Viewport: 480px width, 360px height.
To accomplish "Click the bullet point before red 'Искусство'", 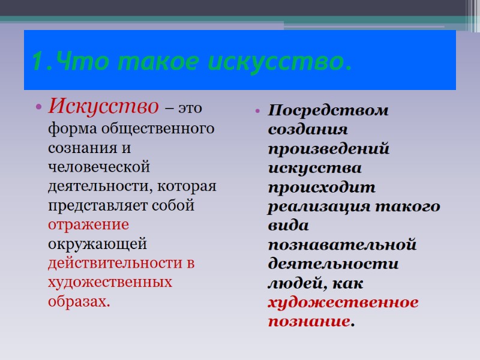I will [x=38, y=108].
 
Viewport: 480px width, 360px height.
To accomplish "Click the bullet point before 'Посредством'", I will [x=257, y=112].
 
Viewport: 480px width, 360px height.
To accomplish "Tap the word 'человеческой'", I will [x=99, y=167].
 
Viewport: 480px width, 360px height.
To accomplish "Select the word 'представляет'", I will [x=98, y=205].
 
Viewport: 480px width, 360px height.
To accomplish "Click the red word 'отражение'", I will [x=88, y=224].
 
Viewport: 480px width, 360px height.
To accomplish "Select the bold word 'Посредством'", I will [x=328, y=111].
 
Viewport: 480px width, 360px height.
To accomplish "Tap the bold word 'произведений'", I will [x=329, y=149].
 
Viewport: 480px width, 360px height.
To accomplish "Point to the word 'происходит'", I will [x=322, y=188].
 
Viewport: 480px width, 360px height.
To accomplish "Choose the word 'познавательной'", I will [x=342, y=245].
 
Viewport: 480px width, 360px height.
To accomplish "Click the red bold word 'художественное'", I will [x=343, y=302].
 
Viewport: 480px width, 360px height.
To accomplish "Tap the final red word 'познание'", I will [x=308, y=322].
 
